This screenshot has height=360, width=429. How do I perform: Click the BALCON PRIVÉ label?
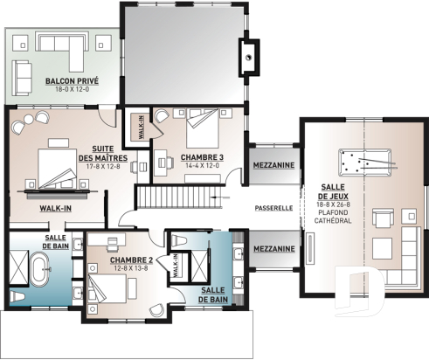pyautogui.click(x=71, y=81)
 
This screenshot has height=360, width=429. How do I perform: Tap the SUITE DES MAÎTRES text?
pyautogui.click(x=109, y=153)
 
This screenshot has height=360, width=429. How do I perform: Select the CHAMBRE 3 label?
pyautogui.click(x=202, y=157)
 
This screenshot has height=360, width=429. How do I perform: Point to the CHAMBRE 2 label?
pyautogui.click(x=132, y=260)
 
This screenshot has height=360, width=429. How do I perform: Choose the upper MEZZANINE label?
pyautogui.click(x=273, y=164)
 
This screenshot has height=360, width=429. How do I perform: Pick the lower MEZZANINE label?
pyautogui.click(x=273, y=249)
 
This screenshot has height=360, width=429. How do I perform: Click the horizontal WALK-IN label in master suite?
pyautogui.click(x=54, y=209)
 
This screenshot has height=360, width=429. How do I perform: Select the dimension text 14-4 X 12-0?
pyautogui.click(x=202, y=166)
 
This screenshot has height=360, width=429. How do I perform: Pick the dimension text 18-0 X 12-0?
pyautogui.click(x=71, y=89)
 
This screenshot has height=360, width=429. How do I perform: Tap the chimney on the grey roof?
pyautogui.click(x=250, y=55)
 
